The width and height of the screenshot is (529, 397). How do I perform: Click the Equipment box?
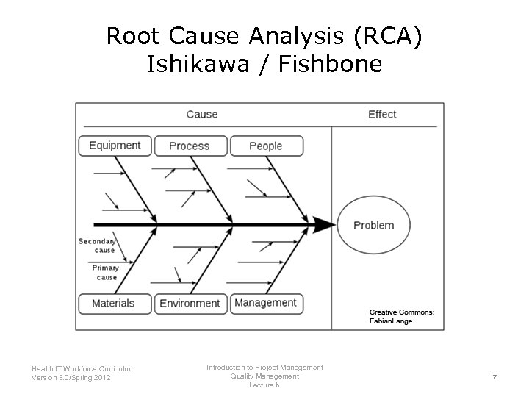[x=115, y=146]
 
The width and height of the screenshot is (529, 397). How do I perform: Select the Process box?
[x=190, y=146]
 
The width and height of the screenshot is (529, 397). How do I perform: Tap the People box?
[x=266, y=146]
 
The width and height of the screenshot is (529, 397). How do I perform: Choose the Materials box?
[x=114, y=303]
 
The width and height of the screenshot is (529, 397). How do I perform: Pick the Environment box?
[x=190, y=303]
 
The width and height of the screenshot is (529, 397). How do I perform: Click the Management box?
[x=266, y=303]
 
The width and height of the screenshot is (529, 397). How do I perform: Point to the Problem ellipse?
[x=373, y=225]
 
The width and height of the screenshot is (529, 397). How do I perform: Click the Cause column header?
[x=202, y=114]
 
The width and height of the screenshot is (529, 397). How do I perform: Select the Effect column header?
[x=382, y=114]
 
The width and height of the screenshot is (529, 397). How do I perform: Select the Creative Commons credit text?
[x=401, y=316]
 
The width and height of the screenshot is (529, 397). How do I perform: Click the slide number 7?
[x=494, y=378]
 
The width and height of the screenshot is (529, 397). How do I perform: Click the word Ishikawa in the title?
[x=191, y=65]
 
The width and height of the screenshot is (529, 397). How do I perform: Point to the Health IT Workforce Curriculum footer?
[x=83, y=368]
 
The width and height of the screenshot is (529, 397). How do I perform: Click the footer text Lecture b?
[x=264, y=385]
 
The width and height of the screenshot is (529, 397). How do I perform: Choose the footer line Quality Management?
[x=264, y=376]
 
